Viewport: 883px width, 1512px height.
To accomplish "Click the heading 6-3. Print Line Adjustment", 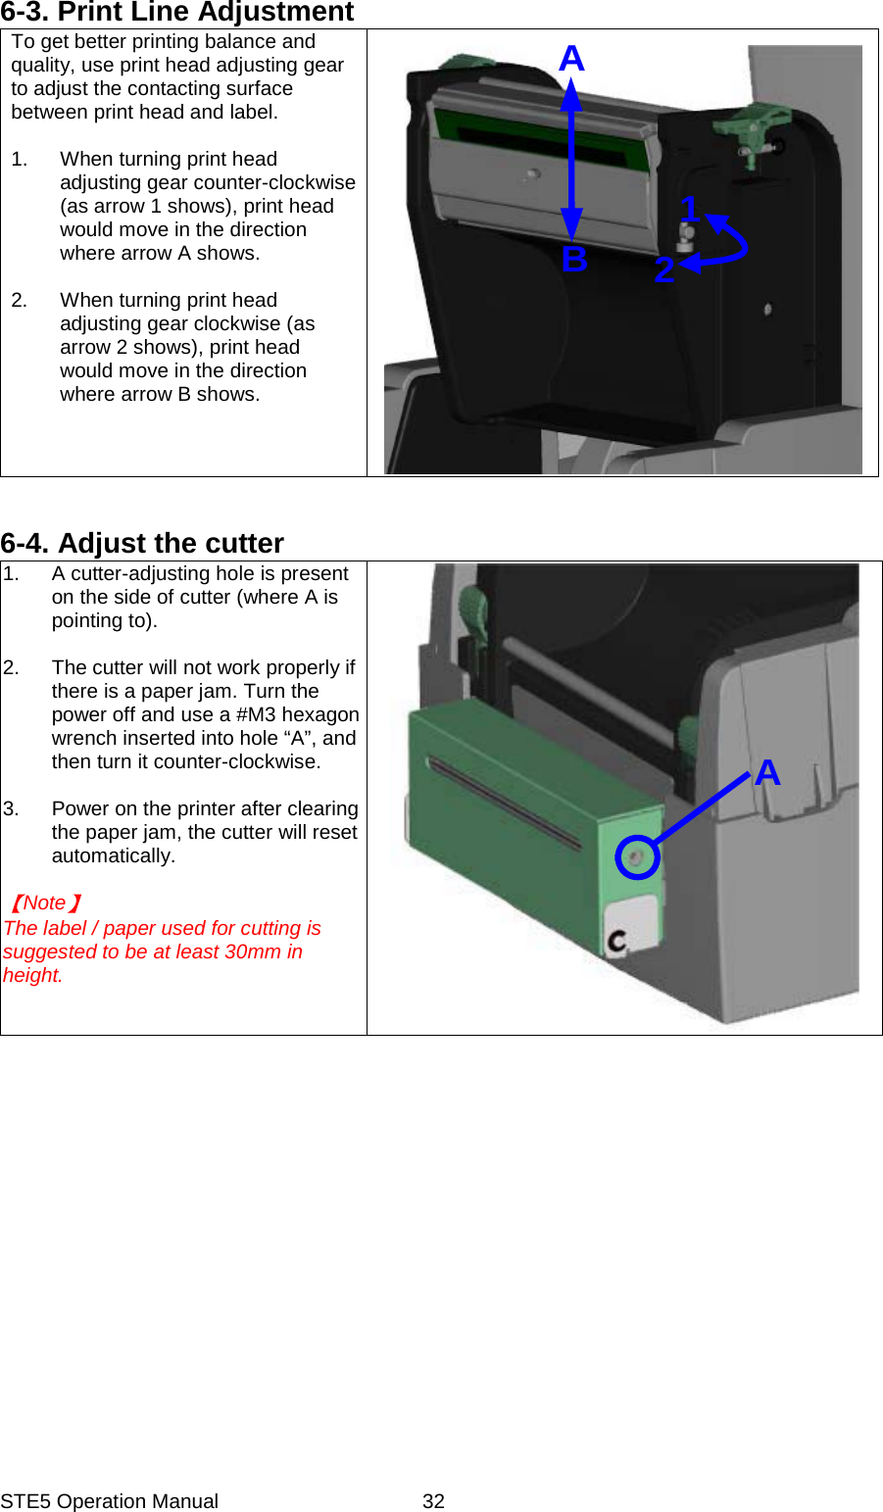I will (x=177, y=13).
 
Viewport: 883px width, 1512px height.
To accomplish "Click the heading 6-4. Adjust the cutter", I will (x=142, y=543).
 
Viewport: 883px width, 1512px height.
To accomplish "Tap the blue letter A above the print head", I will (x=571, y=60).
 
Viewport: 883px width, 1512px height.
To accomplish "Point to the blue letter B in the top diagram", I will (x=574, y=260).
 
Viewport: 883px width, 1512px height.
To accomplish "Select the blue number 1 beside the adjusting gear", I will (x=689, y=208).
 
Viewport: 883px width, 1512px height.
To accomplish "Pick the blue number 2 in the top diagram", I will (x=664, y=269).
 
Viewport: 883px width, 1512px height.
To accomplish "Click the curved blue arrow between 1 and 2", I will (x=730, y=245).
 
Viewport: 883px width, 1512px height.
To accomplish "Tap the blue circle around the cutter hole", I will (x=637, y=857).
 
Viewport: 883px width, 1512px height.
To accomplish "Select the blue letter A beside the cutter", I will (x=767, y=773).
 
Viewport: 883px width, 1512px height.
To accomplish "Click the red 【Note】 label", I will (x=45, y=902).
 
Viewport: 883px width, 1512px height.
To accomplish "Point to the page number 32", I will (x=433, y=1501).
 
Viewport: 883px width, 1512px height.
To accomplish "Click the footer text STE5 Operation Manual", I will (x=109, y=1501).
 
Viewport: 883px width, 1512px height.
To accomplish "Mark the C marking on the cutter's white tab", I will (x=617, y=943).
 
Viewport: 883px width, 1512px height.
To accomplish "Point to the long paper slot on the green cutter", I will (x=505, y=804).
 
